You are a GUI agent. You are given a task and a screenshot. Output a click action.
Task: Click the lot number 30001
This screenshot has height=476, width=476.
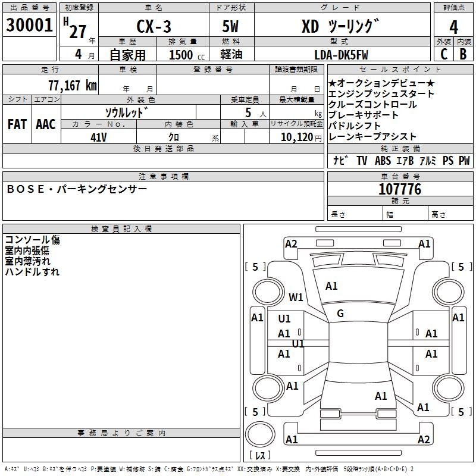pos(29,26)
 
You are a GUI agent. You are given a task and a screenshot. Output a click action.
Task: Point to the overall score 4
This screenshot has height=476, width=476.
pos(453,27)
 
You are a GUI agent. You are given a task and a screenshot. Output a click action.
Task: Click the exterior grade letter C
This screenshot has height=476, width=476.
pos(443,54)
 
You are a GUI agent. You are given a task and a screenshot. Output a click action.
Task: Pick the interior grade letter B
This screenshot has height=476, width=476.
pos(463,54)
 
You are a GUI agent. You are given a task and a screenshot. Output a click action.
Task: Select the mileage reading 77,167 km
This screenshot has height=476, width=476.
pos(72,85)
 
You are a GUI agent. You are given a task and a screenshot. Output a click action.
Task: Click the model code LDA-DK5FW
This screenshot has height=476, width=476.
pos(341,55)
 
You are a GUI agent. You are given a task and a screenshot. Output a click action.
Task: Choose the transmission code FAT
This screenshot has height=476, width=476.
pos(17,124)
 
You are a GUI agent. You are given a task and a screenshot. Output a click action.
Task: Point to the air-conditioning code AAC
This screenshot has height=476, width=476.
pos(45,124)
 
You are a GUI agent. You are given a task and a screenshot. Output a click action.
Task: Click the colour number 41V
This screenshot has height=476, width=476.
pos(99,136)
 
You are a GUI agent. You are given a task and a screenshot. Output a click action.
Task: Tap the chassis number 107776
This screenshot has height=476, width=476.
pos(399,189)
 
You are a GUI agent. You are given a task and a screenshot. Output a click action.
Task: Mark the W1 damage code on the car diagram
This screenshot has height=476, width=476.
pos(296,297)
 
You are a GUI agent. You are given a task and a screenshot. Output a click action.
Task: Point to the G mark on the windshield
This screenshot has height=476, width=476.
pos(340,314)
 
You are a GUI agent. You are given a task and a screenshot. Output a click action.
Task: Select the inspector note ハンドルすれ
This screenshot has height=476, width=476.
pos(32,272)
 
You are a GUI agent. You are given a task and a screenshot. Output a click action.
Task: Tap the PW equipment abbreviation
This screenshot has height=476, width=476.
pos(464,161)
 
